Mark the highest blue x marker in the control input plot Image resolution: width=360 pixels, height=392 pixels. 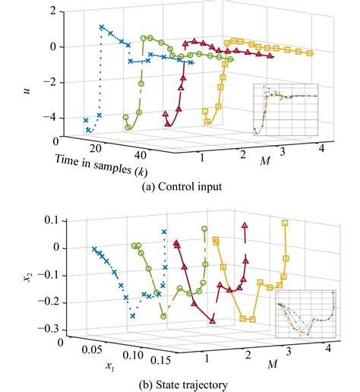[x=102, y=27]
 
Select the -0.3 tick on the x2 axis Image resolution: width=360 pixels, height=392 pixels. [x=50, y=328]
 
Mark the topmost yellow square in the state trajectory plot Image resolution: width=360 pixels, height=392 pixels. [x=286, y=223]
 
